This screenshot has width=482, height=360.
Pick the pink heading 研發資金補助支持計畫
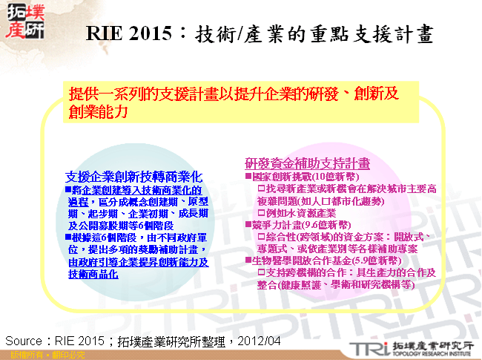(308, 163)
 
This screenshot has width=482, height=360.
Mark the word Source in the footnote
(25, 341)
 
